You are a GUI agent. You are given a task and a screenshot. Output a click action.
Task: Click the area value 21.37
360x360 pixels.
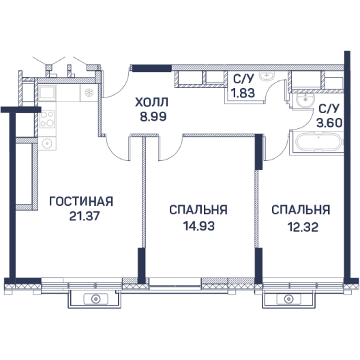tap(85, 216)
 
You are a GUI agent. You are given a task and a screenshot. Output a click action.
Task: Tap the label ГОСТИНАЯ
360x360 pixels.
tap(81, 201)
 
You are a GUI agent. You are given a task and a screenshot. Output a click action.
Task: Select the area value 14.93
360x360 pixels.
tap(199, 226)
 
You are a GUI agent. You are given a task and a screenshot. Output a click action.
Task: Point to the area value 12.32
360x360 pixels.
tap(303, 227)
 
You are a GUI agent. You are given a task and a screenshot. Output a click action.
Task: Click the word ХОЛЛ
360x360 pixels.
tap(151, 102)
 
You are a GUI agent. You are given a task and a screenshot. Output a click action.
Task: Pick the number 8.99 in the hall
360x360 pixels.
tap(153, 117)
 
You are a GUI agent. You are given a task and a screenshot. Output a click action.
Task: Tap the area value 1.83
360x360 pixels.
tap(243, 93)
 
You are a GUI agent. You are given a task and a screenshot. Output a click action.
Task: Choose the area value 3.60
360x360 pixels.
tap(329, 123)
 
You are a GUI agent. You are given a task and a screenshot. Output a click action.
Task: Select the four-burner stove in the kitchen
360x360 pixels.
tap(47, 119)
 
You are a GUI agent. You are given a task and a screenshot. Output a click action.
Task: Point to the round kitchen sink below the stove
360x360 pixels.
tap(47, 143)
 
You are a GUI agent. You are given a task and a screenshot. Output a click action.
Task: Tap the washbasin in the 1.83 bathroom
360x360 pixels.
tap(267, 75)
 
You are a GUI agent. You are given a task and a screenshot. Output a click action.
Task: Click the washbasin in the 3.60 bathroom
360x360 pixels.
tap(305, 100)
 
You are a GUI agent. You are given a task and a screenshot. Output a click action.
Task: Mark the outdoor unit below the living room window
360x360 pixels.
tap(95, 299)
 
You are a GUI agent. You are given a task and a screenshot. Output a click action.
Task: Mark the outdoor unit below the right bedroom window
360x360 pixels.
tap(288, 299)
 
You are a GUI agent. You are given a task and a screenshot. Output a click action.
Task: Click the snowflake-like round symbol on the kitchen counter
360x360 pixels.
tap(89, 93)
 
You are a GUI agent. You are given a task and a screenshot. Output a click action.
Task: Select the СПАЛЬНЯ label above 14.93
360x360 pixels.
tap(198, 210)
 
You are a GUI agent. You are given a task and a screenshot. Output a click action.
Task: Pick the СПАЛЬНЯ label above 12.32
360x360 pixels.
tap(301, 209)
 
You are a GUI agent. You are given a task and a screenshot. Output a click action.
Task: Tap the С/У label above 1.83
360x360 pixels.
tap(243, 79)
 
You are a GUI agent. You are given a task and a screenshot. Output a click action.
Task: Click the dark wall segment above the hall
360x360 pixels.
tap(152, 68)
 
